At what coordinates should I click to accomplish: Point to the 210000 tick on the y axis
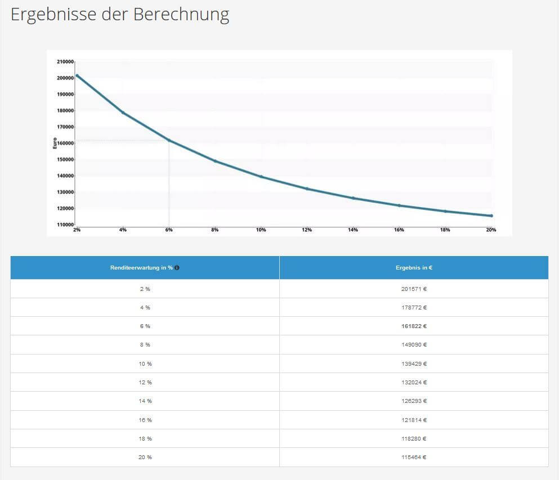tap(66, 61)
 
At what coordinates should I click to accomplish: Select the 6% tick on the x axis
tap(169, 230)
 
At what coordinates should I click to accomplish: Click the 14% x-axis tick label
tap(353, 230)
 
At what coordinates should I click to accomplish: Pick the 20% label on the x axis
tap(491, 230)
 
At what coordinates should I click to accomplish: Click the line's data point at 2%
tap(77, 75)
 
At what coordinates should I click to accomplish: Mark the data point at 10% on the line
tap(261, 177)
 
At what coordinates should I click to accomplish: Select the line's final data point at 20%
tap(491, 216)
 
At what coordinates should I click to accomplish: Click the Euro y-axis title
tap(55, 143)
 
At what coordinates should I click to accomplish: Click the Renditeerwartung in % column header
tap(141, 268)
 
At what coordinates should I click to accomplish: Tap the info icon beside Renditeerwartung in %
tap(177, 268)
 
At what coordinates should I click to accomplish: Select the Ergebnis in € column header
tap(414, 268)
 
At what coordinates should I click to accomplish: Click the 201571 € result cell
tap(414, 289)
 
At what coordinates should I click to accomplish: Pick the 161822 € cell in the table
tap(414, 326)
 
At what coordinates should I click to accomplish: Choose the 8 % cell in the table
tap(145, 345)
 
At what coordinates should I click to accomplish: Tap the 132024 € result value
tap(414, 383)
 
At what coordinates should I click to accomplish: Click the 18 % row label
tap(145, 438)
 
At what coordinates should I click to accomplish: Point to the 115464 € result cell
tap(414, 457)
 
